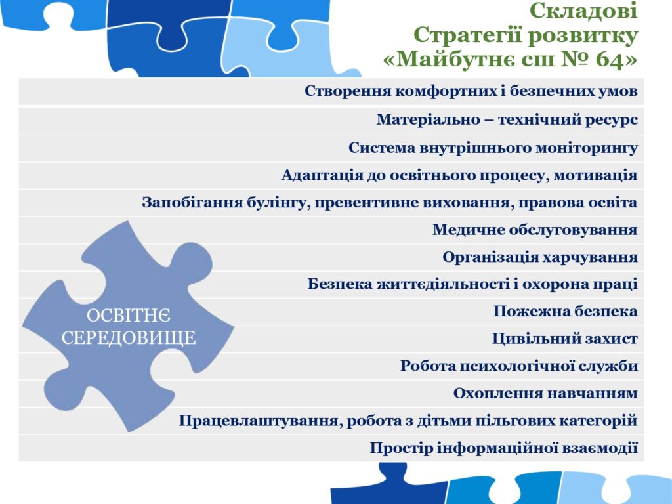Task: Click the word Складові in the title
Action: tap(583, 10)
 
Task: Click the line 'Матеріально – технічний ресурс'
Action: tap(507, 119)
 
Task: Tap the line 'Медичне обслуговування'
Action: tap(535, 230)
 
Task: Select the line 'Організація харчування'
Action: tap(540, 257)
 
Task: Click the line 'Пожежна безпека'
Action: tap(565, 311)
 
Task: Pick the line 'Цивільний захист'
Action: tap(565, 339)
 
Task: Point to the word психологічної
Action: tap(516, 366)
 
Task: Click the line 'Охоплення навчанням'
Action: tap(545, 393)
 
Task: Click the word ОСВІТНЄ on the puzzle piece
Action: tap(129, 316)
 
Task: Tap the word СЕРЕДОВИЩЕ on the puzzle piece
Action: tap(129, 338)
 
